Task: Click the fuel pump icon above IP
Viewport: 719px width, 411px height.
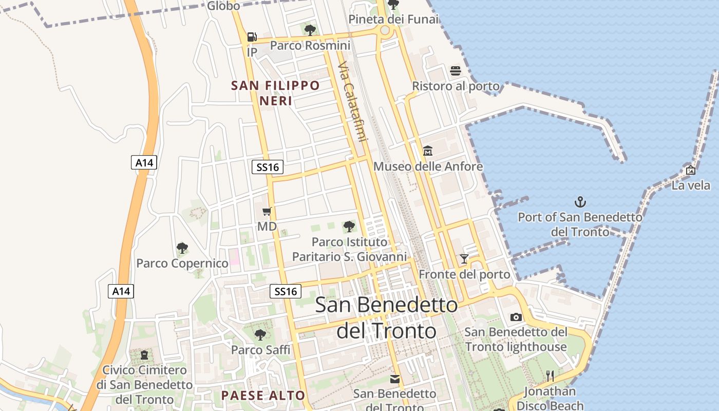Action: coord(252,37)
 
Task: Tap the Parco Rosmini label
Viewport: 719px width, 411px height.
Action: coord(310,46)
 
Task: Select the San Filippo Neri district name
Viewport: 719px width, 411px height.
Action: coord(275,93)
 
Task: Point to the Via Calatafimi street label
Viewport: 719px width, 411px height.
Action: coord(353,102)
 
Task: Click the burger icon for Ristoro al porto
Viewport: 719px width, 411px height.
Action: coord(455,70)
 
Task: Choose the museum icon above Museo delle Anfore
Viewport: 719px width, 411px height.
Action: coord(428,151)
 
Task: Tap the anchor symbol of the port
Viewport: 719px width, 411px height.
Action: coord(580,201)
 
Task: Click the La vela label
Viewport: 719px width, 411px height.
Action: coord(691,185)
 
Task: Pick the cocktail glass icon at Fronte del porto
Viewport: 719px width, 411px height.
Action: coord(464,258)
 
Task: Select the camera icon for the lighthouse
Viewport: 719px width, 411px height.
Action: coord(516,317)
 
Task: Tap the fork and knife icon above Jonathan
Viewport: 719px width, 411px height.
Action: coord(550,376)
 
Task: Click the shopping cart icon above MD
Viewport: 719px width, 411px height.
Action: coord(267,211)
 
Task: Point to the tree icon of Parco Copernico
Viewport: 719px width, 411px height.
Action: coord(182,248)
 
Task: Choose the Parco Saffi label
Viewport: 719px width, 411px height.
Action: coord(260,350)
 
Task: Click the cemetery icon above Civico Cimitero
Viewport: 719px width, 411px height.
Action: coord(144,354)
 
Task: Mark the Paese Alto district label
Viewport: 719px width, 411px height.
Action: coord(263,396)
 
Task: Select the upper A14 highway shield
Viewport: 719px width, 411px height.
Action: coord(144,163)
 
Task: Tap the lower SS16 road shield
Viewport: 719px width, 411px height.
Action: coord(286,291)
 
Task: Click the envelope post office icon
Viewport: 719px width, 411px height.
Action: coord(394,379)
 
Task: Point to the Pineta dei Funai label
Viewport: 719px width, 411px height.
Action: coord(393,20)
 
